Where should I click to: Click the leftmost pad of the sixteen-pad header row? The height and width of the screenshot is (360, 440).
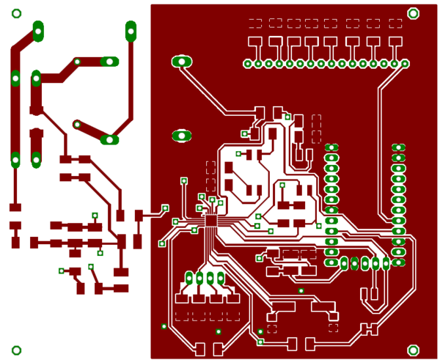coord(248,64)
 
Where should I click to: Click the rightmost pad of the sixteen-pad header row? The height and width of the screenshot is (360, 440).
coord(406,64)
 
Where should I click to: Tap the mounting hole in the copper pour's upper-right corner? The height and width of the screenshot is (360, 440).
coord(413,13)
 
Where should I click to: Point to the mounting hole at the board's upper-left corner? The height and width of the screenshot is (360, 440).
coord(17,13)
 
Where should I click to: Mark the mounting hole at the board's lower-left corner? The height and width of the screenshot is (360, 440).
coord(17,350)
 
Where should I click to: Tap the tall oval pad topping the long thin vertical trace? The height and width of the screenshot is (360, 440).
coord(131,31)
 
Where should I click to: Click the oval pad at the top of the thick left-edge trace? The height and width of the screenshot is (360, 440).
coord(38,31)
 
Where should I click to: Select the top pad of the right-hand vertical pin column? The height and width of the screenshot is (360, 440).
coord(398,148)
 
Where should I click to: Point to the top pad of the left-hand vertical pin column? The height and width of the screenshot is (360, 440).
coord(331,148)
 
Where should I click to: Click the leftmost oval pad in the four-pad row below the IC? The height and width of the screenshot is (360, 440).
coord(189,278)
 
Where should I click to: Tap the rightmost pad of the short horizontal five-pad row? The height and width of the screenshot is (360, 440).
coord(386,263)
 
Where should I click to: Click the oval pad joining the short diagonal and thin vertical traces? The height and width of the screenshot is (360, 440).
coord(109,139)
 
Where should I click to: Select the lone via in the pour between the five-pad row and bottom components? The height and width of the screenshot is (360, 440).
coord(301,291)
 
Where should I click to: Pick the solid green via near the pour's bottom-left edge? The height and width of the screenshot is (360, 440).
coord(164,326)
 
